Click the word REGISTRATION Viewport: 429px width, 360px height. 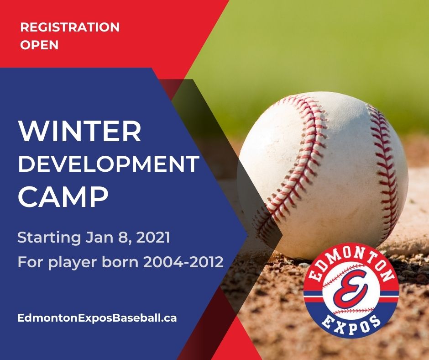coord(70,27)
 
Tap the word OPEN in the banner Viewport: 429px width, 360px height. coord(39,46)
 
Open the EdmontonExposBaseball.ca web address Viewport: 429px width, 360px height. coord(97,318)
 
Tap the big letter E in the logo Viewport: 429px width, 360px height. coord(351,289)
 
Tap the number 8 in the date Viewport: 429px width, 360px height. coord(120,238)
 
